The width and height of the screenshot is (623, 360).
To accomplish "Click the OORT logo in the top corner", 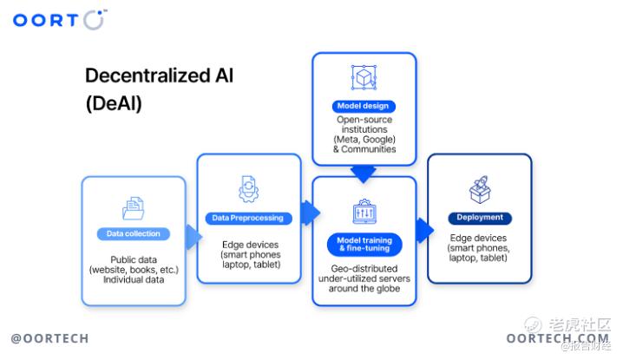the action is click(60, 20).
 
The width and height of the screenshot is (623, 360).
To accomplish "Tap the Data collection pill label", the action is click(133, 233).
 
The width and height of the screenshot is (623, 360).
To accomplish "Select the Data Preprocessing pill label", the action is click(248, 218).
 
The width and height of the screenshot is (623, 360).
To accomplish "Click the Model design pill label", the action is click(364, 106).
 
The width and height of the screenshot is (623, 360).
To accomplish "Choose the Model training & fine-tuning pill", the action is click(364, 245).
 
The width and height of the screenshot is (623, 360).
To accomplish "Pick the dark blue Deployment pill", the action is click(480, 218).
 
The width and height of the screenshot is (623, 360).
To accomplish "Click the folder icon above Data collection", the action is click(134, 208).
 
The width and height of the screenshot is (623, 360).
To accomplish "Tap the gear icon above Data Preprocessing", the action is click(249, 189).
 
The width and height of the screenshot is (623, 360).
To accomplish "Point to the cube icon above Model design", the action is click(364, 77).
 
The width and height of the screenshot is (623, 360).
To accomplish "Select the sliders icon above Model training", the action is click(364, 212).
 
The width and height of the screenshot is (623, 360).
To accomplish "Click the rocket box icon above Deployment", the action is click(480, 189).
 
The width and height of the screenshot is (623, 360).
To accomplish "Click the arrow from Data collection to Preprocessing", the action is click(193, 237).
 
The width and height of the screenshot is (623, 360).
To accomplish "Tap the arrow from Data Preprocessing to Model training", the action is click(311, 213).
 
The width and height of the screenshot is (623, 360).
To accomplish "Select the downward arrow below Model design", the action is click(364, 174).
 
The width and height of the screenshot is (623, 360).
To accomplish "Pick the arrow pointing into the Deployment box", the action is click(425, 230).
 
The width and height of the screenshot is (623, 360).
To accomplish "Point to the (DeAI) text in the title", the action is click(114, 104).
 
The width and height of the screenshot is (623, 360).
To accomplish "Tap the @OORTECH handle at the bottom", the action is click(50, 338).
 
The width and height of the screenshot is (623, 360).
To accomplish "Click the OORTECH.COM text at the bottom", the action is click(557, 338).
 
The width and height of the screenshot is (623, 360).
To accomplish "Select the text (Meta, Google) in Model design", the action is click(364, 140).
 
